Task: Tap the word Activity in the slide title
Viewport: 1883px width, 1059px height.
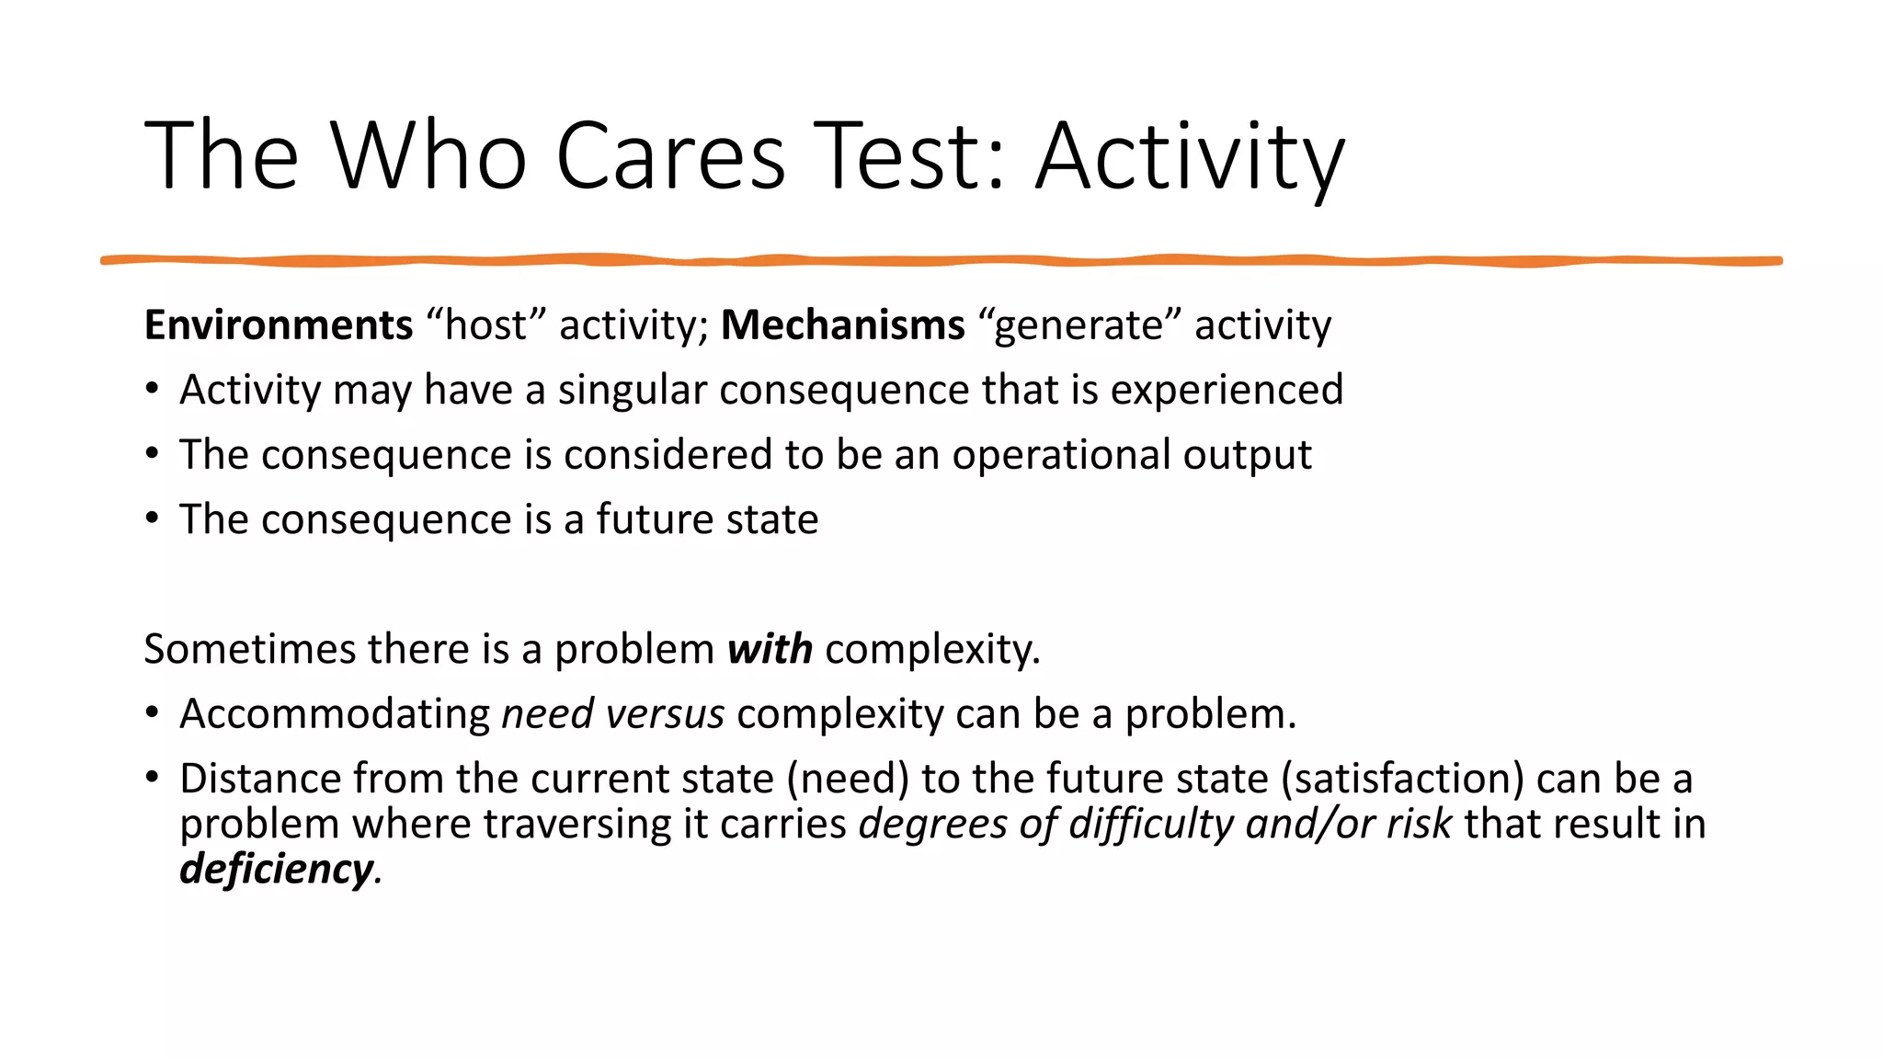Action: [1190, 156]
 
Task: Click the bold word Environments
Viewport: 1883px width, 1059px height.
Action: [279, 325]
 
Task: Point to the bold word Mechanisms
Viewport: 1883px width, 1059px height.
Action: [842, 325]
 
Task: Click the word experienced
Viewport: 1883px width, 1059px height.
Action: [1227, 390]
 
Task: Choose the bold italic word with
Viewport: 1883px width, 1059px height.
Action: [770, 649]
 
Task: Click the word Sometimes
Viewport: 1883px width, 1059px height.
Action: [249, 649]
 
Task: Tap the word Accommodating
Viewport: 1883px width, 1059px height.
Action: [335, 714]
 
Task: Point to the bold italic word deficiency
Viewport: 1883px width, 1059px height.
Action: [277, 869]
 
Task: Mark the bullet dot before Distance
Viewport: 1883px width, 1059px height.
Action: [153, 777]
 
